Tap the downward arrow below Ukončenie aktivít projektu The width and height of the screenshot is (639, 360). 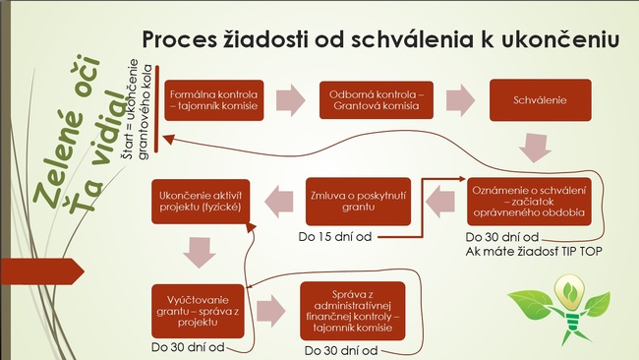click(200, 253)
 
